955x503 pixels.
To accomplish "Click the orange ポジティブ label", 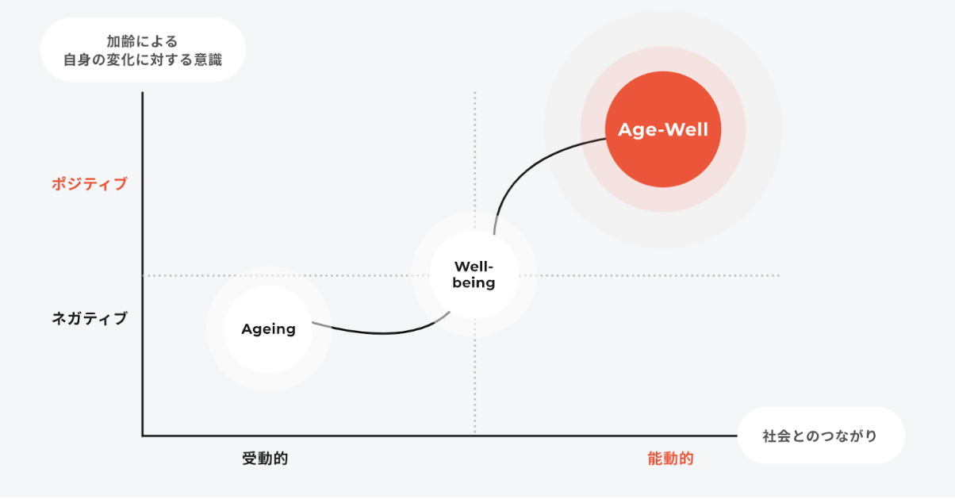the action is point(90,184).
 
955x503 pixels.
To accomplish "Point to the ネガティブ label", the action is point(90,319).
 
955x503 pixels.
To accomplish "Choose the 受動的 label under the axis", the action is point(265,459).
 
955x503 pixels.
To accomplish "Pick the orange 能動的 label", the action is point(670,459).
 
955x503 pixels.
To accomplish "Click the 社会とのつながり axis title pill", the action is point(820,436).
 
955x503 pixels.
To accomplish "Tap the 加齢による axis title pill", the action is point(143,50).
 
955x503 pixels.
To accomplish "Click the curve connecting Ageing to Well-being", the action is point(381,332).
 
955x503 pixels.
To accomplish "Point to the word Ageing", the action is point(268,329).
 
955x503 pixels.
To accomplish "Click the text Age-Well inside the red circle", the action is point(663,129).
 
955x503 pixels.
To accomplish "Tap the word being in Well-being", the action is point(474,282).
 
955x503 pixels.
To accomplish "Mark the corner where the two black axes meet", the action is point(143,436).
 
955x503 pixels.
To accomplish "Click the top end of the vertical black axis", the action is point(143,94).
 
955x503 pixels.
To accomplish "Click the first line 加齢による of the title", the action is point(143,41).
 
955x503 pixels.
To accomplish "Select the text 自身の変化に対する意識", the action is point(143,60).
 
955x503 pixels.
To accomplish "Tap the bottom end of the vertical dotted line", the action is point(475,432).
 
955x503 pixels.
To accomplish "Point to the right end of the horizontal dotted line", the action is point(779,276).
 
